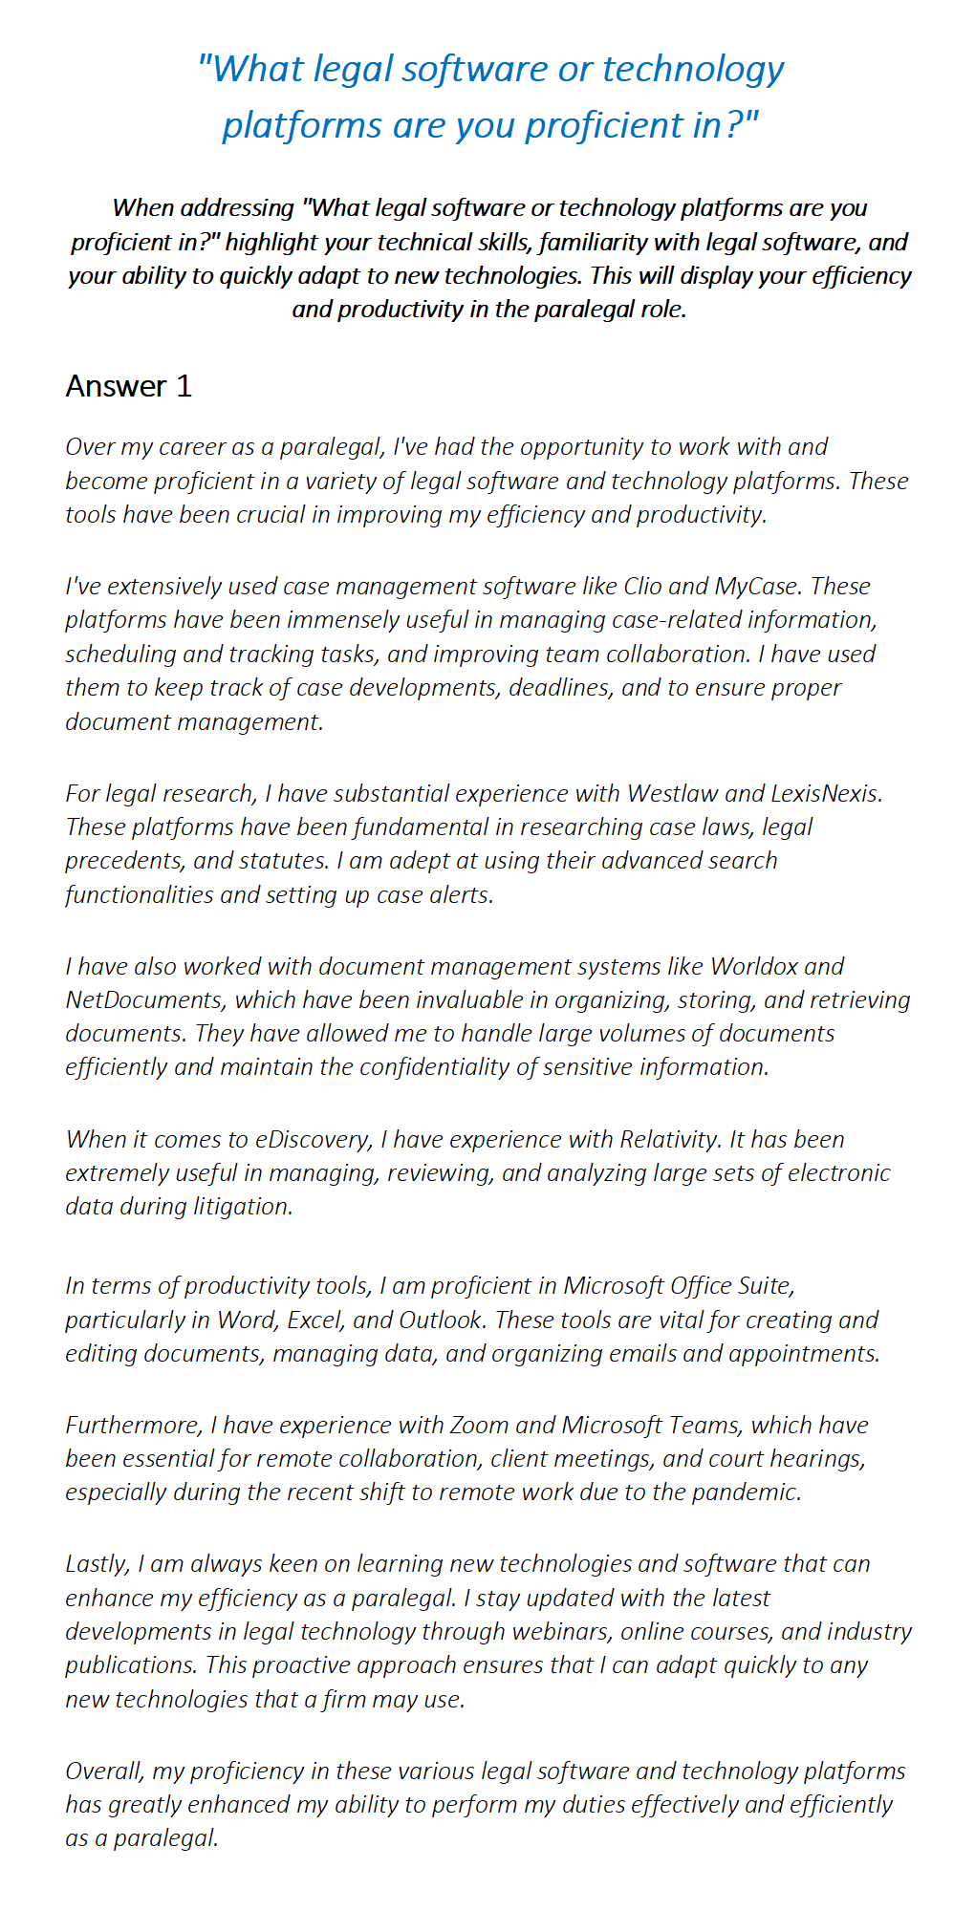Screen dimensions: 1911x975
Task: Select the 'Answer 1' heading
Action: (129, 386)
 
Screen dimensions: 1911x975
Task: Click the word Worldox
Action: (754, 966)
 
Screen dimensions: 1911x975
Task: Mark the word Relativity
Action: (669, 1139)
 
